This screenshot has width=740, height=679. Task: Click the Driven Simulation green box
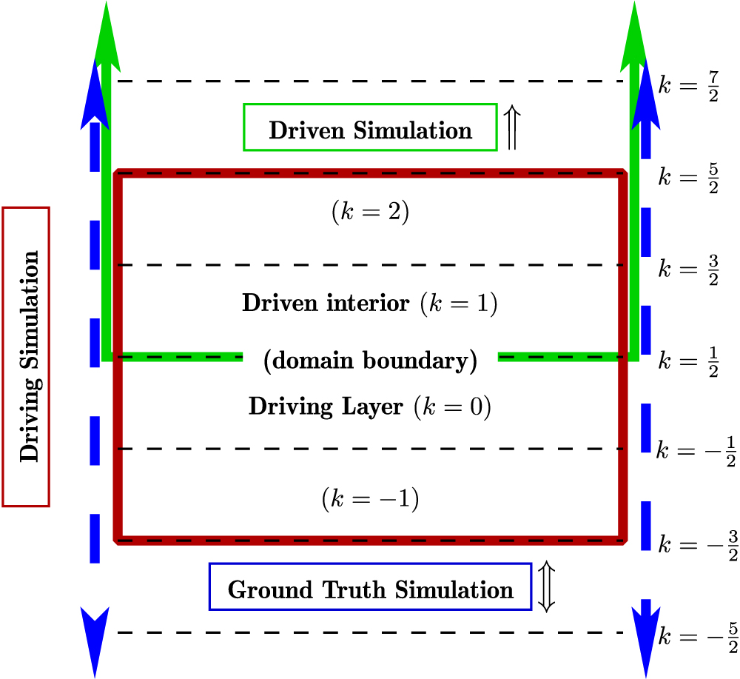[x=370, y=130]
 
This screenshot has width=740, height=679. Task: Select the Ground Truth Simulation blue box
[x=370, y=590]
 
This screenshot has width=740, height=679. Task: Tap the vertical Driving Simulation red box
[x=27, y=357]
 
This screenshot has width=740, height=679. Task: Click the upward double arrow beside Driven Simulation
[x=511, y=127]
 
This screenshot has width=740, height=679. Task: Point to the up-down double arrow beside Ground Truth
[x=546, y=586]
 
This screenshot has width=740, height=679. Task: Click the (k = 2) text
[x=369, y=213]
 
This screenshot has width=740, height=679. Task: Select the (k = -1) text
[x=370, y=499]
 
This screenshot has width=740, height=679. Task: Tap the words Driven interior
[x=326, y=303]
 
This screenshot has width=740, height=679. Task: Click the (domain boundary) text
[x=370, y=362]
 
